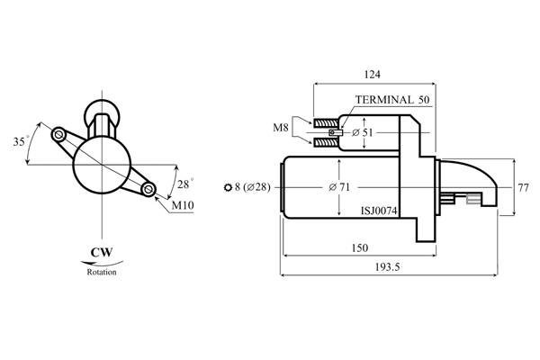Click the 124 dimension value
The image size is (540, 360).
(x=372, y=75)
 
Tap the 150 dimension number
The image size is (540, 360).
(x=359, y=248)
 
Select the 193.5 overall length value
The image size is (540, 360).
(x=387, y=267)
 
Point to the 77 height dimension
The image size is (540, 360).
(x=523, y=188)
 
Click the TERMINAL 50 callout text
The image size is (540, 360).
(x=392, y=100)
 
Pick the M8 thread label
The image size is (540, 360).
(x=280, y=128)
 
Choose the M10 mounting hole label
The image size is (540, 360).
(x=183, y=205)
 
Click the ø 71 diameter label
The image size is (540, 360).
(x=339, y=187)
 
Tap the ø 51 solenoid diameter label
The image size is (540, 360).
(x=363, y=132)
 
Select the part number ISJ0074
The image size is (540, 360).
(x=379, y=211)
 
